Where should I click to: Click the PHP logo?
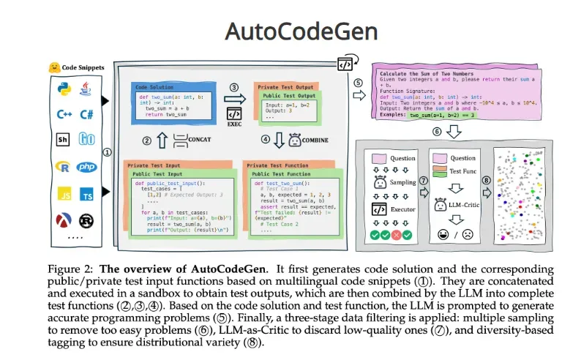click(x=86, y=168)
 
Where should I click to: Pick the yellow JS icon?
click(x=64, y=195)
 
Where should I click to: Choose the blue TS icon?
click(x=86, y=195)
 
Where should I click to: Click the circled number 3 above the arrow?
click(x=234, y=88)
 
